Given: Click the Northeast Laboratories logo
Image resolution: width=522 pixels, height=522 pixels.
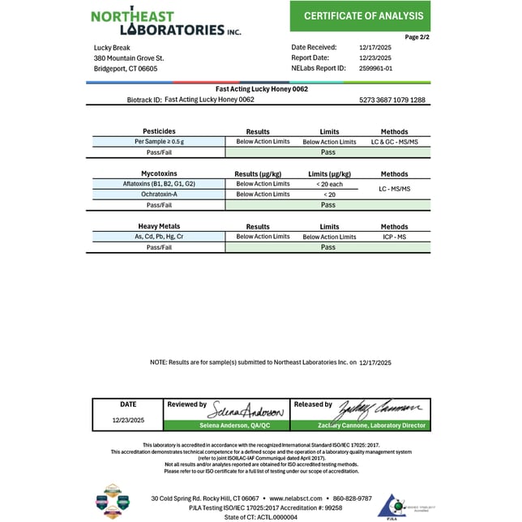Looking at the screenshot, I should click(x=165, y=23).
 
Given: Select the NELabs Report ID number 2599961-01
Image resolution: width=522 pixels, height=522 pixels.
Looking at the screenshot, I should click(x=375, y=69).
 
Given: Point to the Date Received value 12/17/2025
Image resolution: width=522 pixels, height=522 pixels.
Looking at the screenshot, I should click(x=375, y=47).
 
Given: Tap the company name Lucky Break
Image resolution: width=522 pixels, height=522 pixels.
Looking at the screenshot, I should click(x=111, y=47).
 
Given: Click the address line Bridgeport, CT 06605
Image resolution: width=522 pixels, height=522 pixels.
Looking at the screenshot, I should click(x=126, y=69).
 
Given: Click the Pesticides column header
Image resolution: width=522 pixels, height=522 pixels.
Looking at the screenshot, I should click(x=159, y=131).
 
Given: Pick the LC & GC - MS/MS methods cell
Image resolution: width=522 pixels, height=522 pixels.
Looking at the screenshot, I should click(x=394, y=142).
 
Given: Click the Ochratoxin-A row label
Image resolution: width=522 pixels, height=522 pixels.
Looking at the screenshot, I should click(x=159, y=195).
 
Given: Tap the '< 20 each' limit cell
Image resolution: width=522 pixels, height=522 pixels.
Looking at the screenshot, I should click(x=329, y=184).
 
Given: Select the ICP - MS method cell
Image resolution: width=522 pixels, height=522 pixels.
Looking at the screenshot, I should click(x=394, y=237).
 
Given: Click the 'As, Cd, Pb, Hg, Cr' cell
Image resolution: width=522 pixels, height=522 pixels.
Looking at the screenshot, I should click(x=159, y=237).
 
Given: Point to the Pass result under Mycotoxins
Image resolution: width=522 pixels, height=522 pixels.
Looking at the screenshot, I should click(x=328, y=205).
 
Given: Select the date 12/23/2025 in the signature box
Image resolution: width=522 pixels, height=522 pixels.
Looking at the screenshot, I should click(x=128, y=421).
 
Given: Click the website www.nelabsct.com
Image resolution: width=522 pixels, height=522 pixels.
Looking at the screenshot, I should click(x=297, y=498).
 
